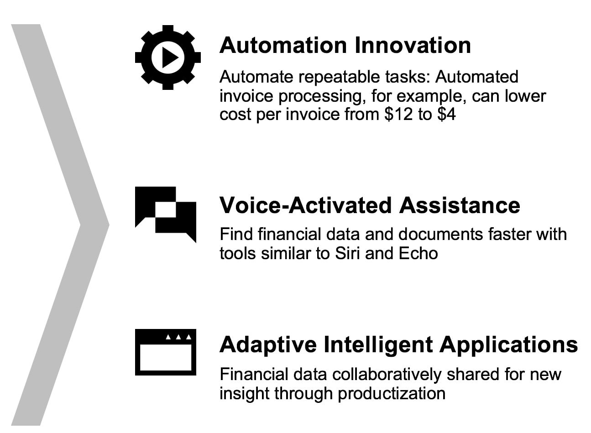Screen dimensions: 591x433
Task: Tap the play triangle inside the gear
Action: point(170,57)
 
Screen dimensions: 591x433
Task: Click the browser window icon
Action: point(165,352)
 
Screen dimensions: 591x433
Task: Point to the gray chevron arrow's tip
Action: point(109,225)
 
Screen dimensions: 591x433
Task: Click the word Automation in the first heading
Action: point(283,45)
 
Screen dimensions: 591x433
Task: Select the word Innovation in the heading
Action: point(413,45)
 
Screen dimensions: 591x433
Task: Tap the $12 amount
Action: point(398,114)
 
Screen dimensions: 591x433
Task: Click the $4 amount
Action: point(446,114)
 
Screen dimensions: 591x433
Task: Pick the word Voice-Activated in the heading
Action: point(305,205)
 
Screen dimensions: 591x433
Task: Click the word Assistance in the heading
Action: point(460,205)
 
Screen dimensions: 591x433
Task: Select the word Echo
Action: point(418,253)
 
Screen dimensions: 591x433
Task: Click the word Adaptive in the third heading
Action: point(268,344)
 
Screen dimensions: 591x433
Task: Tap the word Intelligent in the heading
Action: point(378,344)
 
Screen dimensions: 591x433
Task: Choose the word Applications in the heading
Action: point(509,344)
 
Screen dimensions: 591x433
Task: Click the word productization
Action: point(392,394)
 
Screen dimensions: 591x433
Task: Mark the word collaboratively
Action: point(387,375)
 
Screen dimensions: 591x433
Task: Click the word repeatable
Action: point(340,77)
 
